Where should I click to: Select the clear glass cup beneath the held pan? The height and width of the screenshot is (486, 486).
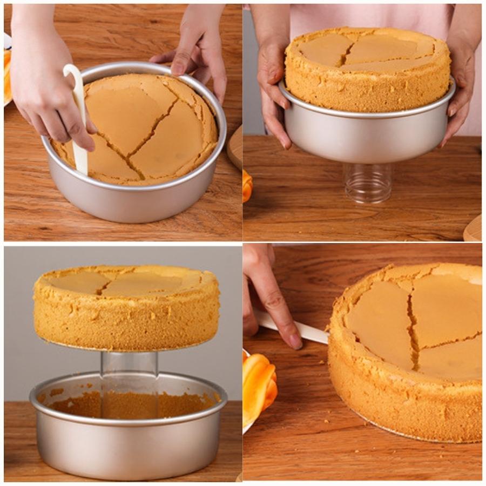[368, 184]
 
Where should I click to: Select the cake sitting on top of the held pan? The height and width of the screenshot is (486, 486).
[367, 70]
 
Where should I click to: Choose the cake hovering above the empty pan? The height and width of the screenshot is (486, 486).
[127, 308]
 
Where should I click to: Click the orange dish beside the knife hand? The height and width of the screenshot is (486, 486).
[258, 389]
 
